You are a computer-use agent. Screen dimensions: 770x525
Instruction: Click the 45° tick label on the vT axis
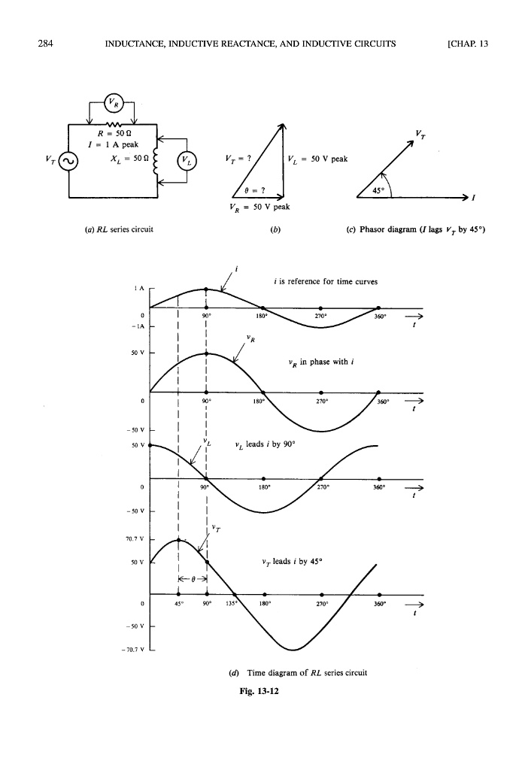click(178, 602)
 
